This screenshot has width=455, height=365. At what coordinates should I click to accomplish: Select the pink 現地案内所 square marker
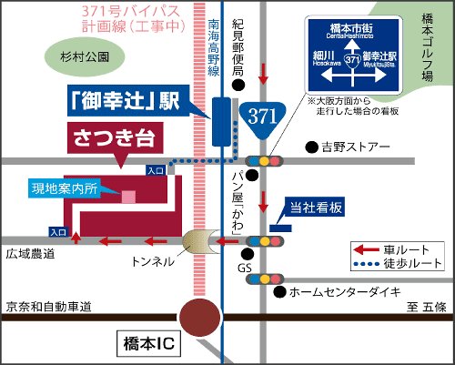point(129,195)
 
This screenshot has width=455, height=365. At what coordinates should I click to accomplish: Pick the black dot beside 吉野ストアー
point(311,146)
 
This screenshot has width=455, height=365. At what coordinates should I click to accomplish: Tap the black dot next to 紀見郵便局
point(238,86)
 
